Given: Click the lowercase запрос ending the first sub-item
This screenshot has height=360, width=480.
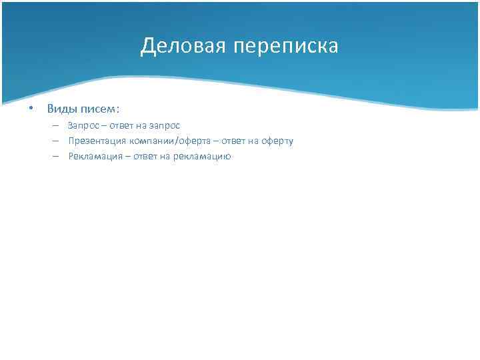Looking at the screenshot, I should tap(165, 125).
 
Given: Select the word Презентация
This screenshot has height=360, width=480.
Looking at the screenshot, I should tap(97, 141).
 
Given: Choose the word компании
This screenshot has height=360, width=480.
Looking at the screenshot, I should tap(152, 141).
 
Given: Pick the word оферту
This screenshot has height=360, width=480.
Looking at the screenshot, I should tap(276, 141).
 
